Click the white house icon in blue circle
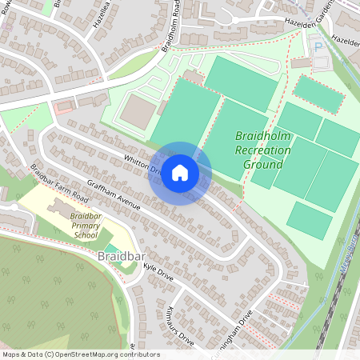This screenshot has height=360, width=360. [180, 172]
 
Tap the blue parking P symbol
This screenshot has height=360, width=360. [319, 47]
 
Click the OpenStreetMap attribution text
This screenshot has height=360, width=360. [80, 354]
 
